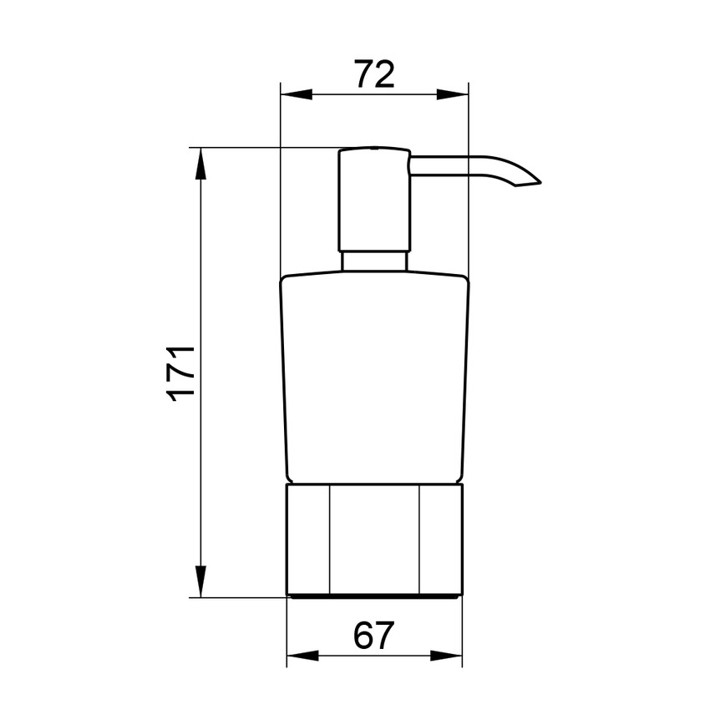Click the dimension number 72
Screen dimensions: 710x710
pos(373,75)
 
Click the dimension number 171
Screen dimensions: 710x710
pos(181,372)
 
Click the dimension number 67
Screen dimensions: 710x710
pos(373,637)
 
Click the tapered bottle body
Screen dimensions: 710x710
pos(374,376)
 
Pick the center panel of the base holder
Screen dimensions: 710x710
pos(374,539)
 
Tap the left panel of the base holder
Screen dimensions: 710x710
pos(308,539)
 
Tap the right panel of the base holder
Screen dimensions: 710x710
pos(439,539)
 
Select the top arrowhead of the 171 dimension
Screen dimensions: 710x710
pos(200,162)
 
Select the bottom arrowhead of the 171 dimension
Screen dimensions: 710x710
pos(200,582)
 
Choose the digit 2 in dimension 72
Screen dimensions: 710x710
pos(384,75)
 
